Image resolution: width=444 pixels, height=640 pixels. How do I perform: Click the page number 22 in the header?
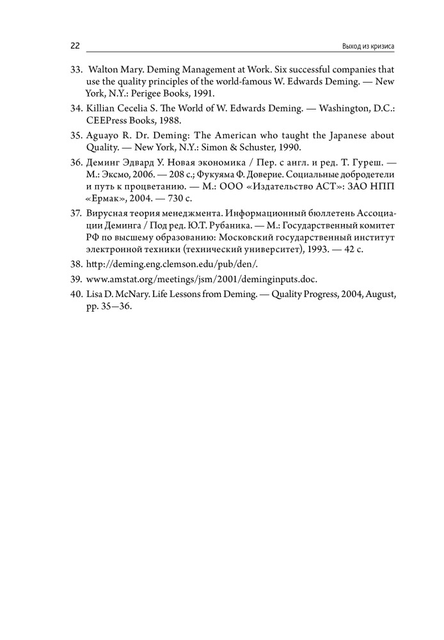pyautogui.click(x=74, y=46)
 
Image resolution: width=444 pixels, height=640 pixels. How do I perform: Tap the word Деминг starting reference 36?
pyautogui.click(x=103, y=163)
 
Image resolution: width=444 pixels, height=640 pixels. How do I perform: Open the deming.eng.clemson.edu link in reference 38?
pyautogui.click(x=164, y=264)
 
